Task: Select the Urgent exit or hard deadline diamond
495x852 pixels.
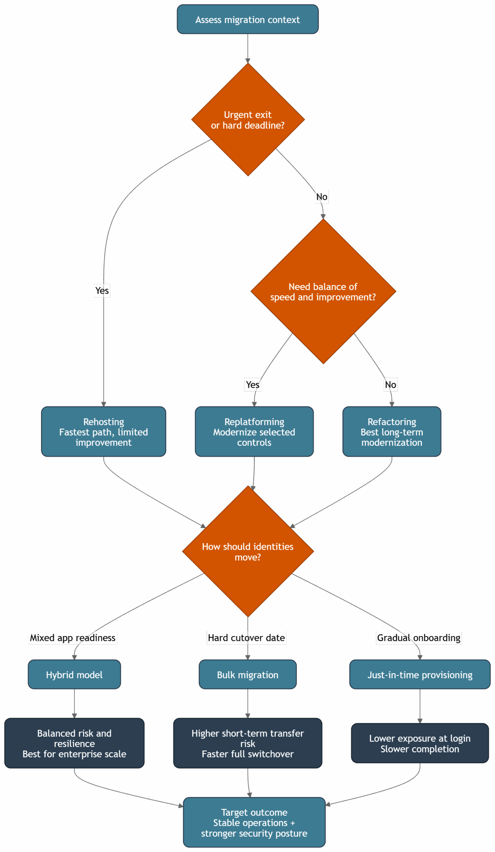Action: pyautogui.click(x=248, y=120)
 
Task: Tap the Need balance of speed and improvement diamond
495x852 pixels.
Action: pyautogui.click(x=323, y=292)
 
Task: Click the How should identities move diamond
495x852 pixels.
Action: pyautogui.click(x=248, y=551)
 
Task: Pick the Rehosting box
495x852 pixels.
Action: pyautogui.click(x=104, y=432)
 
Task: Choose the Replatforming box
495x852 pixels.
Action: pyautogui.click(x=254, y=432)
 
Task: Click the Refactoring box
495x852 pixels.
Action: pyautogui.click(x=391, y=432)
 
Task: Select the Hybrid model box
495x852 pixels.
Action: pyautogui.click(x=74, y=675)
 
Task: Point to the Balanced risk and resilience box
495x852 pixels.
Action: pyautogui.click(x=74, y=744)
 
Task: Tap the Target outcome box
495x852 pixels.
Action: pyautogui.click(x=254, y=823)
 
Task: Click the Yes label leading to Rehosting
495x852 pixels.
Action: pyautogui.click(x=102, y=291)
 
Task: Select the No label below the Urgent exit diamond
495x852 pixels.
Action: pyautogui.click(x=322, y=197)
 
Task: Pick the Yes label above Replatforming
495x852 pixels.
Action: pyautogui.click(x=252, y=384)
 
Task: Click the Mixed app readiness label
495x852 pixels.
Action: pyautogui.click(x=72, y=638)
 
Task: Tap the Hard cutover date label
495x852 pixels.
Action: pyautogui.click(x=246, y=638)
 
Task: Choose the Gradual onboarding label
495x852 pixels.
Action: pyautogui.click(x=418, y=638)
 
